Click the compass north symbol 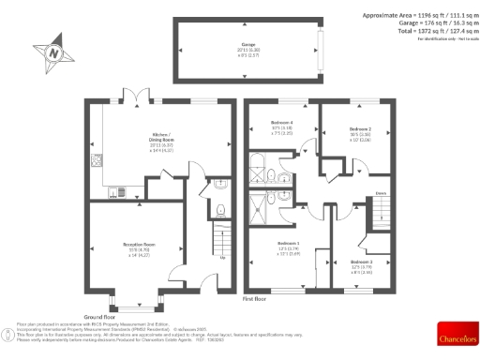[53, 53]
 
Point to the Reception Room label [138, 245]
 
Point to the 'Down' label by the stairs [381, 194]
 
